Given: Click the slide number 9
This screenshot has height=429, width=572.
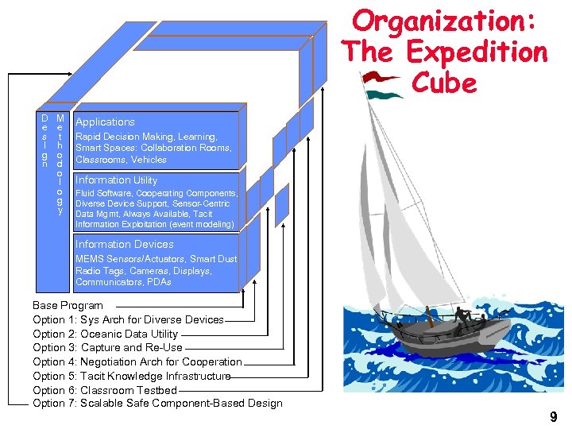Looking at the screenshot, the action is click(x=552, y=415).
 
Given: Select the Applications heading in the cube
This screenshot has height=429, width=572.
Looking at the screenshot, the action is click(x=105, y=122).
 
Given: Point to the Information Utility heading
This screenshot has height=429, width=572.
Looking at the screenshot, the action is click(x=116, y=180).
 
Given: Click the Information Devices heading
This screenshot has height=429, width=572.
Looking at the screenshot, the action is click(x=124, y=245).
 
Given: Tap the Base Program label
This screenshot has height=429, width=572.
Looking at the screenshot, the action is click(x=68, y=306).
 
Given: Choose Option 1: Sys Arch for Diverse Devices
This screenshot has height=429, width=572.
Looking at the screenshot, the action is click(x=128, y=319).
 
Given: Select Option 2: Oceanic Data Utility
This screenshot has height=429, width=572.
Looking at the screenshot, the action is click(x=105, y=334).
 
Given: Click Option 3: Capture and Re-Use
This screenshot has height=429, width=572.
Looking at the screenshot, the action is click(x=107, y=347).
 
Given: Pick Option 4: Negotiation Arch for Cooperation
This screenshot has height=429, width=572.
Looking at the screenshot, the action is click(x=137, y=361).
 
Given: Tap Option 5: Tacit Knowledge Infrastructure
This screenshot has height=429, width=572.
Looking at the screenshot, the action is click(x=131, y=376).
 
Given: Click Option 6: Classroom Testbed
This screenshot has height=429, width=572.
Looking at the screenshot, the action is click(x=104, y=390).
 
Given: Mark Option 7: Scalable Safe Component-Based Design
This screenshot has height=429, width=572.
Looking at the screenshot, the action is click(x=157, y=404).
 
